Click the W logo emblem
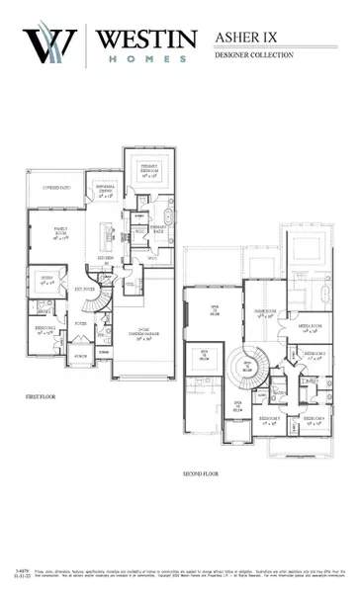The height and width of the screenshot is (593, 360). [x=50, y=45]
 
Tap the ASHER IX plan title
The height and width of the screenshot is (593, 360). [x=247, y=38]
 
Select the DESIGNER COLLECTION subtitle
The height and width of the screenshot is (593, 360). [x=254, y=55]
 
